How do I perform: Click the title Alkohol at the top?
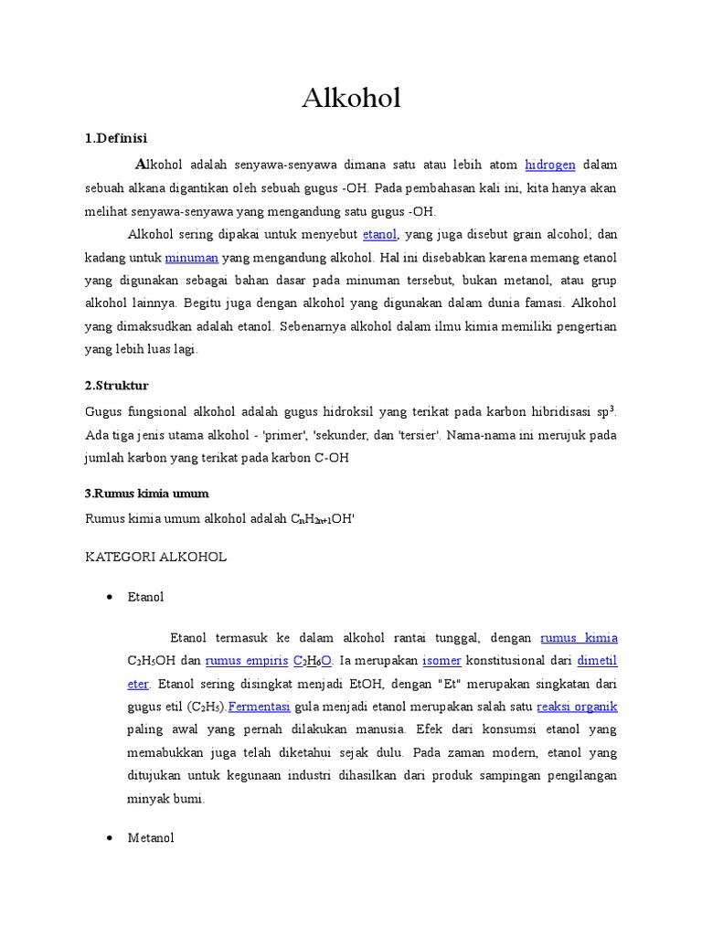(x=351, y=98)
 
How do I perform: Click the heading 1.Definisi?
(x=116, y=138)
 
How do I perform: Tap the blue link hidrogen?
(x=550, y=165)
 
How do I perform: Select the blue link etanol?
(x=379, y=235)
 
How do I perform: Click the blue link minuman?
(x=192, y=258)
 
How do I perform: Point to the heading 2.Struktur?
(x=116, y=385)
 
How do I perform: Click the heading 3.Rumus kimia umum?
(x=147, y=493)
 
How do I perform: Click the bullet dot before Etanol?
(x=109, y=597)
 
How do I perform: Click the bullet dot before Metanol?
(x=109, y=837)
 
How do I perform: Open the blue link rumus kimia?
(x=579, y=638)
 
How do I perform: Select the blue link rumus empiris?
(x=244, y=661)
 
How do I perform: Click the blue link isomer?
(x=441, y=661)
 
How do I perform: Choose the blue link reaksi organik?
(x=577, y=707)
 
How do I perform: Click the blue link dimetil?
(x=597, y=661)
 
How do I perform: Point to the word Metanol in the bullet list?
(x=151, y=837)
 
